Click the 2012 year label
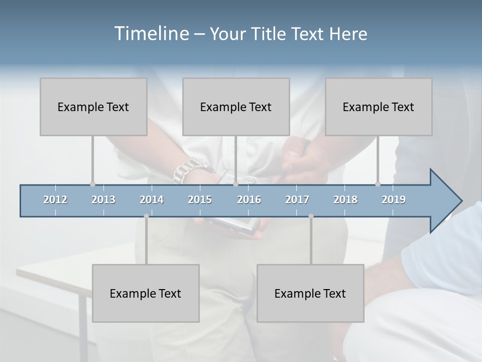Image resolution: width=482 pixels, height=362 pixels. [x=55, y=200]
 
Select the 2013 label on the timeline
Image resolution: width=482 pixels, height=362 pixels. [x=103, y=200]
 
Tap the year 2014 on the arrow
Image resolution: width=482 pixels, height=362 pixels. [x=152, y=200]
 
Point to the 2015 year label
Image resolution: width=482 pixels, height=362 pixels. [x=200, y=200]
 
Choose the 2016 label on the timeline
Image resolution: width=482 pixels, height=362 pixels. [x=249, y=200]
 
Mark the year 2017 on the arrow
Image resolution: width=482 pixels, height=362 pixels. [x=297, y=200]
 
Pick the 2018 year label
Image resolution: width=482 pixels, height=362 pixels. [x=345, y=200]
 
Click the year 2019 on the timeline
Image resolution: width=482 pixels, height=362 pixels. [x=394, y=200]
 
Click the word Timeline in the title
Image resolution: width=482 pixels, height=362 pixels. [x=151, y=34]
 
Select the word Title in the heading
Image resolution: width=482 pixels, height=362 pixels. [x=271, y=34]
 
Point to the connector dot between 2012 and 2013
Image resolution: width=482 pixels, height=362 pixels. [x=92, y=184]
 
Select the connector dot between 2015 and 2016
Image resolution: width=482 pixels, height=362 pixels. [x=235, y=184]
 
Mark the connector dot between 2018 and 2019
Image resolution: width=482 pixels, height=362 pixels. [x=378, y=184]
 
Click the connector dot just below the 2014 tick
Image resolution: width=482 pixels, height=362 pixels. [x=146, y=216]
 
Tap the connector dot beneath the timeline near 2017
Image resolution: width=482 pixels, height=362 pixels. [x=311, y=216]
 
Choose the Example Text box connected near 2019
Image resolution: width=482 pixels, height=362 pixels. [x=379, y=107]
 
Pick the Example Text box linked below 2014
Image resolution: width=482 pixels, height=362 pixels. [x=146, y=293]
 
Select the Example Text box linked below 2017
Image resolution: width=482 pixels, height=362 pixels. [x=310, y=293]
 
